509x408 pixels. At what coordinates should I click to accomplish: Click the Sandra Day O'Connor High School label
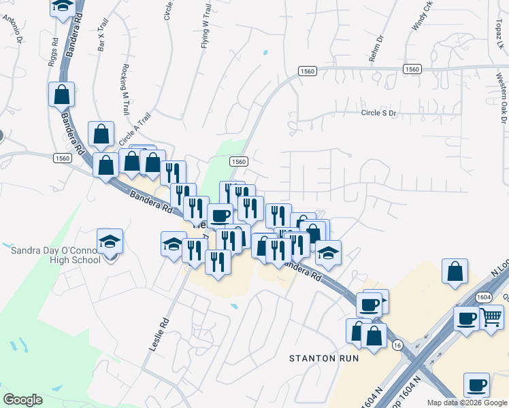point(56,254)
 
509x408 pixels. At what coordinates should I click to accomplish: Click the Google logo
point(22,400)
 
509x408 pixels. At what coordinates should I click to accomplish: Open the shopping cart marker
point(491,316)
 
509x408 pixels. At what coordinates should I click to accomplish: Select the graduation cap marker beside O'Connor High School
point(110,241)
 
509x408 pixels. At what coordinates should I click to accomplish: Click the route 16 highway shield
point(396,346)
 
